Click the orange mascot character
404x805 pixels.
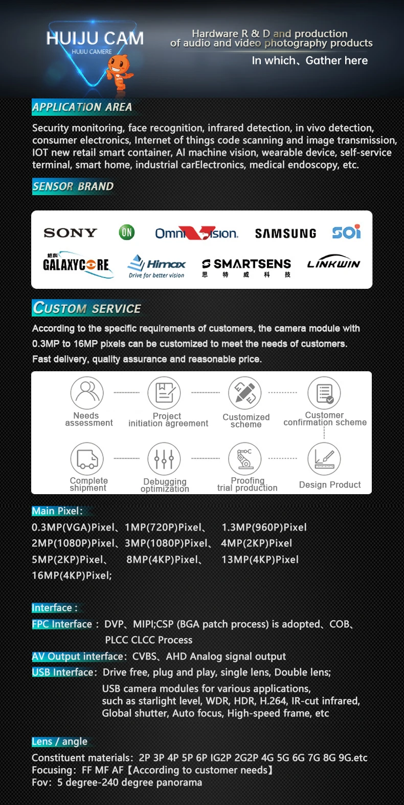tap(119, 71)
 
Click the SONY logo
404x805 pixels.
tap(71, 233)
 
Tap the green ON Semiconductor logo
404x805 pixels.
tap(126, 232)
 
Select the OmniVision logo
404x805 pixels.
tap(196, 234)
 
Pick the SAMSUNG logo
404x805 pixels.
tap(285, 234)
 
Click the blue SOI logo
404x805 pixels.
tap(346, 232)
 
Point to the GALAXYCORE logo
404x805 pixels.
tap(76, 264)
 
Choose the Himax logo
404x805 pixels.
tap(156, 265)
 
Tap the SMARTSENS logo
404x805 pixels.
tap(246, 264)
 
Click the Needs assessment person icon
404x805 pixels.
tap(87, 393)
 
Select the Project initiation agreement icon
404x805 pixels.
tap(164, 393)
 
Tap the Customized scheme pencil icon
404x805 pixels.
tap(245, 393)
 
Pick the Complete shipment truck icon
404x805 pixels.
tap(87, 458)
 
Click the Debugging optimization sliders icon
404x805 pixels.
tap(164, 458)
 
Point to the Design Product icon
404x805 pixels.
tap(324, 458)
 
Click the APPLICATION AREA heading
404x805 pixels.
tap(82, 107)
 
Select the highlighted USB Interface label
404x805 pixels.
tap(63, 672)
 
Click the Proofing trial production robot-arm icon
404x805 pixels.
tap(245, 458)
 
